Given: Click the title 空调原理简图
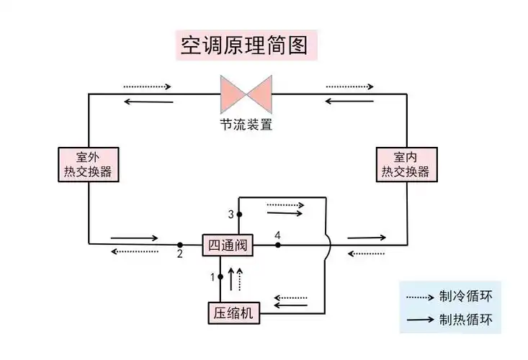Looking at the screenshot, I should point(246,45).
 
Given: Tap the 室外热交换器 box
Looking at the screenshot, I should point(88,164).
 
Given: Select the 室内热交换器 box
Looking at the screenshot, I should point(406,164).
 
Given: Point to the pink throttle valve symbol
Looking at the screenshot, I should point(246,94).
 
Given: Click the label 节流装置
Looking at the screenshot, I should point(246,124).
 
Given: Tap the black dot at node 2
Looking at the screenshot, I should point(180,245).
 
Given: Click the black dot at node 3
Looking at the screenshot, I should point(239,215).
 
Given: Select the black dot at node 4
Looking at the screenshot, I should point(278,245).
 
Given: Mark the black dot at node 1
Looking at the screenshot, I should point(220,276).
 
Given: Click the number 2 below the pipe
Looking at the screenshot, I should point(180,255).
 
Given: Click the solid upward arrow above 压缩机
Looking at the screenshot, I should point(231,278).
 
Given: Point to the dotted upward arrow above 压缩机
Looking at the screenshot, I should point(240,278).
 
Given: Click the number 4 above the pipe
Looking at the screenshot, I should point(277,235).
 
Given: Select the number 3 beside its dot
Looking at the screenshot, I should point(231,215).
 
